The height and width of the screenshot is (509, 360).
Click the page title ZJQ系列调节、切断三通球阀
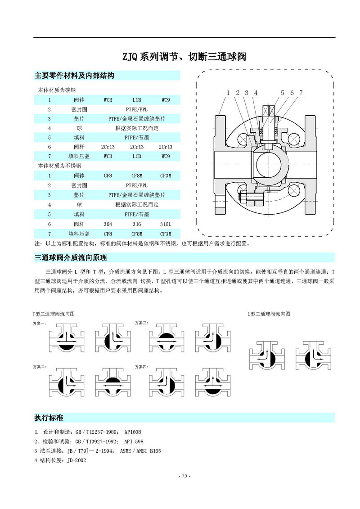point(184,57)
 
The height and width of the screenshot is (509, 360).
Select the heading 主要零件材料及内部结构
point(74,76)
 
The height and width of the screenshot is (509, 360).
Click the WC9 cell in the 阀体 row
point(166,99)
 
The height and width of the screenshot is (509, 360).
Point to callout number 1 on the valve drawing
point(228,93)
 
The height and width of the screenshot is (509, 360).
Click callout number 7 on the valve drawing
point(301,93)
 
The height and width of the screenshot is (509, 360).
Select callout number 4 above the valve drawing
point(256,93)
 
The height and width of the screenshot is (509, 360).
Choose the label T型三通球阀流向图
point(53,313)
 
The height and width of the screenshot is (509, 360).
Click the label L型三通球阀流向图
point(269,313)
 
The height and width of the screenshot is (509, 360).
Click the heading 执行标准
point(49,418)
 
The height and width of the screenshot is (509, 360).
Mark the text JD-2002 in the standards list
point(76,460)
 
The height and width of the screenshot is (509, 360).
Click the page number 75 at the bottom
point(184,476)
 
